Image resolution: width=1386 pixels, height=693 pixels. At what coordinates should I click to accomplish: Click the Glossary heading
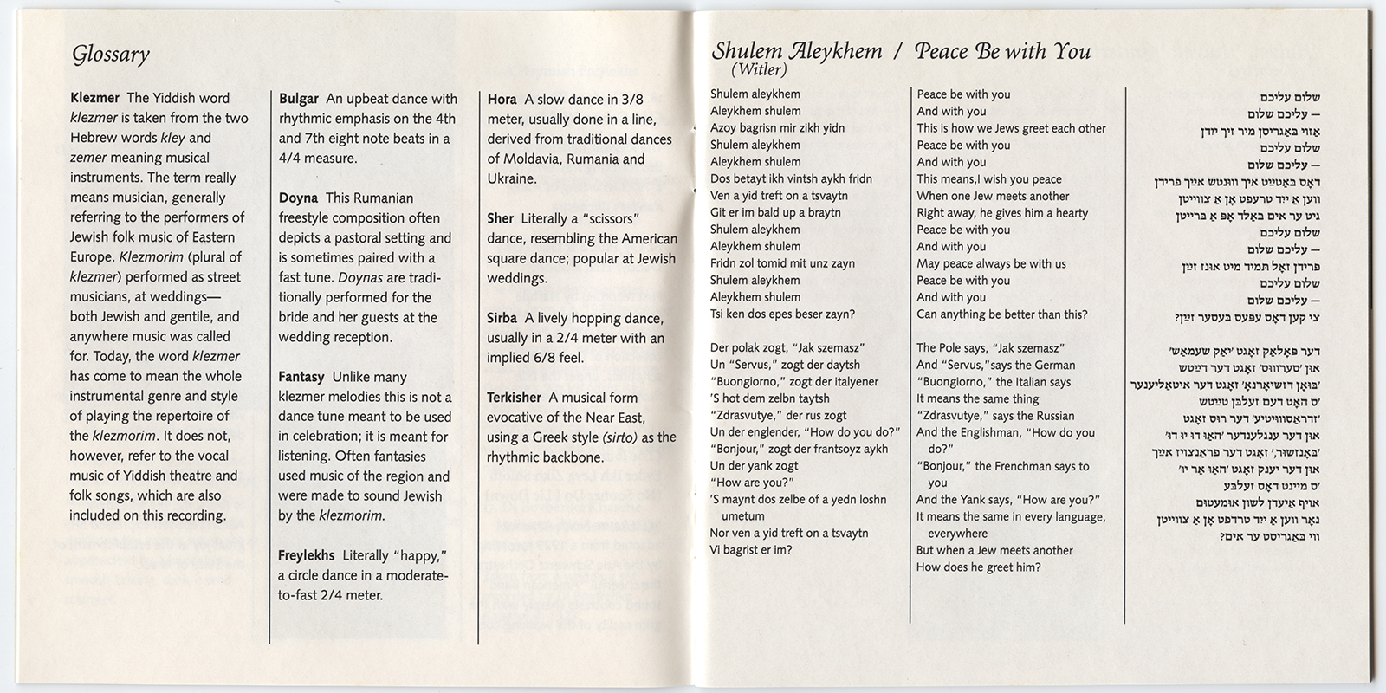tap(111, 55)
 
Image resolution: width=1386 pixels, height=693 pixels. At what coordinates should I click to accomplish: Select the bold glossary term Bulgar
tap(298, 99)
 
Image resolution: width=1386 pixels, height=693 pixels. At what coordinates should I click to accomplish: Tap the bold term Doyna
tap(298, 198)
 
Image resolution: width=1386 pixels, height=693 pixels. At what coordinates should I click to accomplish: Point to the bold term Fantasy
tap(301, 378)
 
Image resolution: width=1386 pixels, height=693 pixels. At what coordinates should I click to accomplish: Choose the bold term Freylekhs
tap(306, 556)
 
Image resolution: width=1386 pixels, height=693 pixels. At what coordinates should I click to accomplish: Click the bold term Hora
tap(502, 100)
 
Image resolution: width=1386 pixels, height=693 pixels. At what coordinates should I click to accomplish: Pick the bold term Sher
tap(501, 219)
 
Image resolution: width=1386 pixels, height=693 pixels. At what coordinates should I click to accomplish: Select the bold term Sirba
tap(502, 319)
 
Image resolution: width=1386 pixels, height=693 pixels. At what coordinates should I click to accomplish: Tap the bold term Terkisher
tap(515, 398)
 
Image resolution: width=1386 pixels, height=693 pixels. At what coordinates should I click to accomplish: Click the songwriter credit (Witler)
tap(759, 70)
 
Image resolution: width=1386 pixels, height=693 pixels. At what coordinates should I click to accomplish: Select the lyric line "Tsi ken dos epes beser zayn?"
tap(782, 314)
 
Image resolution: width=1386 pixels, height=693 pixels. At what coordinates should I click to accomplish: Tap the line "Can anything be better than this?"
tap(1002, 314)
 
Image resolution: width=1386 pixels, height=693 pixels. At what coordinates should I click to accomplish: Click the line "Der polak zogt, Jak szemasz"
tap(787, 348)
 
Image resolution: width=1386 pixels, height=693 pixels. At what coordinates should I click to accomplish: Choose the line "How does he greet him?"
tap(979, 567)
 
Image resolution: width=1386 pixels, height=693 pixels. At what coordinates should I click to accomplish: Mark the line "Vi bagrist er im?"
tap(751, 550)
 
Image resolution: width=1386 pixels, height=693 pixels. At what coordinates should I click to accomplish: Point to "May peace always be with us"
tap(991, 263)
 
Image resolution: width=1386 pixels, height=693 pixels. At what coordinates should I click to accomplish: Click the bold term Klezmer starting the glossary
tap(94, 99)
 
